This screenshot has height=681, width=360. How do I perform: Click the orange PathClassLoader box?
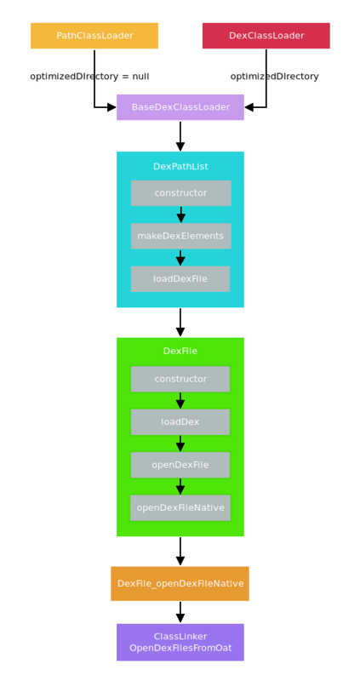point(94,36)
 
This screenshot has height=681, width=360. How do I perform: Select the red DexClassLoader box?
point(266,36)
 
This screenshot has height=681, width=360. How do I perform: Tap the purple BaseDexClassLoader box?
point(180,107)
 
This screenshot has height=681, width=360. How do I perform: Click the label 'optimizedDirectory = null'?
point(89,77)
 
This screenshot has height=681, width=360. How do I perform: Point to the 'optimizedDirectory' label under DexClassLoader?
point(274,77)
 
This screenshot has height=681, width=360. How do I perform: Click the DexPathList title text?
point(180,167)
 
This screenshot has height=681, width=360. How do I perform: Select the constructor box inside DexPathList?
point(180,193)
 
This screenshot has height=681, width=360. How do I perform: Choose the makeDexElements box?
point(180,236)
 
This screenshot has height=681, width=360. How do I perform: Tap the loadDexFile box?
point(180,278)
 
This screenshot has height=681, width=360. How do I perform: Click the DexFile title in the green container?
point(180,351)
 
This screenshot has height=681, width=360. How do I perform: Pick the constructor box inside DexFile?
point(180,379)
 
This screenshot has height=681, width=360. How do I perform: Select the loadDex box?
point(180,421)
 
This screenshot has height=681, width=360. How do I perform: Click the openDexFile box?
point(180,465)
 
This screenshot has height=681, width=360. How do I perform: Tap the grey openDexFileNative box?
point(180,507)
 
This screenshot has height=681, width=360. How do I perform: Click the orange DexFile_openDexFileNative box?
point(180,583)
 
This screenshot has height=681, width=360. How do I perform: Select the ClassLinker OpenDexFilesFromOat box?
point(180,642)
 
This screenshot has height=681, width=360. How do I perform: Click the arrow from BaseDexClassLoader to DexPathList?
point(180,135)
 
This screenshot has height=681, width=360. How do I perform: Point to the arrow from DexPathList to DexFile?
point(180,322)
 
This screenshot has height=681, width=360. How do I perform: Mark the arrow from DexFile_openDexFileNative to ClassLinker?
point(180,612)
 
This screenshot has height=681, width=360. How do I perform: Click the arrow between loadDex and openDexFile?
point(180,444)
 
